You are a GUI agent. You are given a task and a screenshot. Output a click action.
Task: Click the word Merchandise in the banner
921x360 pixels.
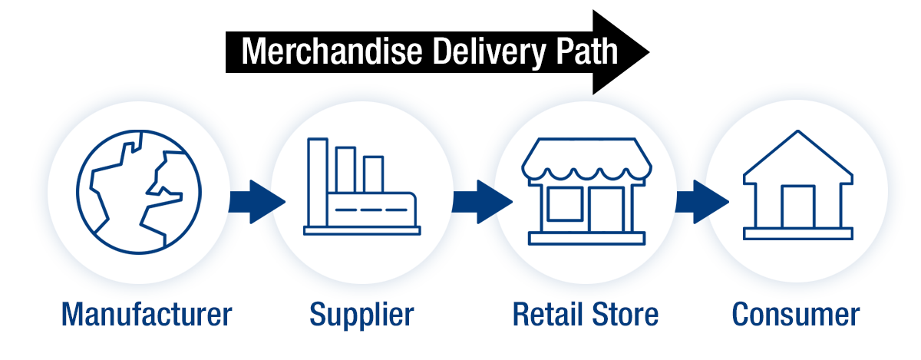pos(332,51)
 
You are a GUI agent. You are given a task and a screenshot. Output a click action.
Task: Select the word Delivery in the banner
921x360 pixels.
pos(490,53)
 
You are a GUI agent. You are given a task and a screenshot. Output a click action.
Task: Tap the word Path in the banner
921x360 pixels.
pos(586,51)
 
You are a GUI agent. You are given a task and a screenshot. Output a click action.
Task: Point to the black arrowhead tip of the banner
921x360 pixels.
pos(649,52)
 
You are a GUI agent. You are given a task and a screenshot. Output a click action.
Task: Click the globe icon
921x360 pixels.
pos(139,192)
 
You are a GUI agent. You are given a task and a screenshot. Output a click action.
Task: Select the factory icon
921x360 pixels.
pos(361,187)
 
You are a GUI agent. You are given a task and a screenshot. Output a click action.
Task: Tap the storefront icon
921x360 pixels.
pos(586,191)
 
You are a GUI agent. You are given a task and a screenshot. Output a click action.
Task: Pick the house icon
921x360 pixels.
pos(797,185)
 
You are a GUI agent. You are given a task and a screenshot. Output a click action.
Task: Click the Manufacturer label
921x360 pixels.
pos(147,315)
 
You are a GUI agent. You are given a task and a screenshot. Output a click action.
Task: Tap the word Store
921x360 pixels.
pos(626,315)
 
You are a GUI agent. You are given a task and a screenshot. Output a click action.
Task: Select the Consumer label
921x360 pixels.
pos(796,315)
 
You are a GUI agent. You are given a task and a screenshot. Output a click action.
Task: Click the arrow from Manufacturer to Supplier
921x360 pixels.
pos(257,202)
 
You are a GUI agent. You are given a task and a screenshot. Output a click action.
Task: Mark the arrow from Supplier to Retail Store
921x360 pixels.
pos(482,202)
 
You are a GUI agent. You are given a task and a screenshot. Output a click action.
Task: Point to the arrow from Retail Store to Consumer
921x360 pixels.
pos(701,202)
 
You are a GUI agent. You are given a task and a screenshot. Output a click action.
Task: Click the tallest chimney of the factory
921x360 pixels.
pos(318,182)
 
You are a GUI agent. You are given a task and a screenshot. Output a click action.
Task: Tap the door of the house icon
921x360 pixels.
pos(798,206)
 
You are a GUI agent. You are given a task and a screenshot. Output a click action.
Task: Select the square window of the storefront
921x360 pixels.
pos(565,203)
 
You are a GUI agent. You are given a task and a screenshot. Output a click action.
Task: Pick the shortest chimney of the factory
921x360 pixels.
pos(373,174)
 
